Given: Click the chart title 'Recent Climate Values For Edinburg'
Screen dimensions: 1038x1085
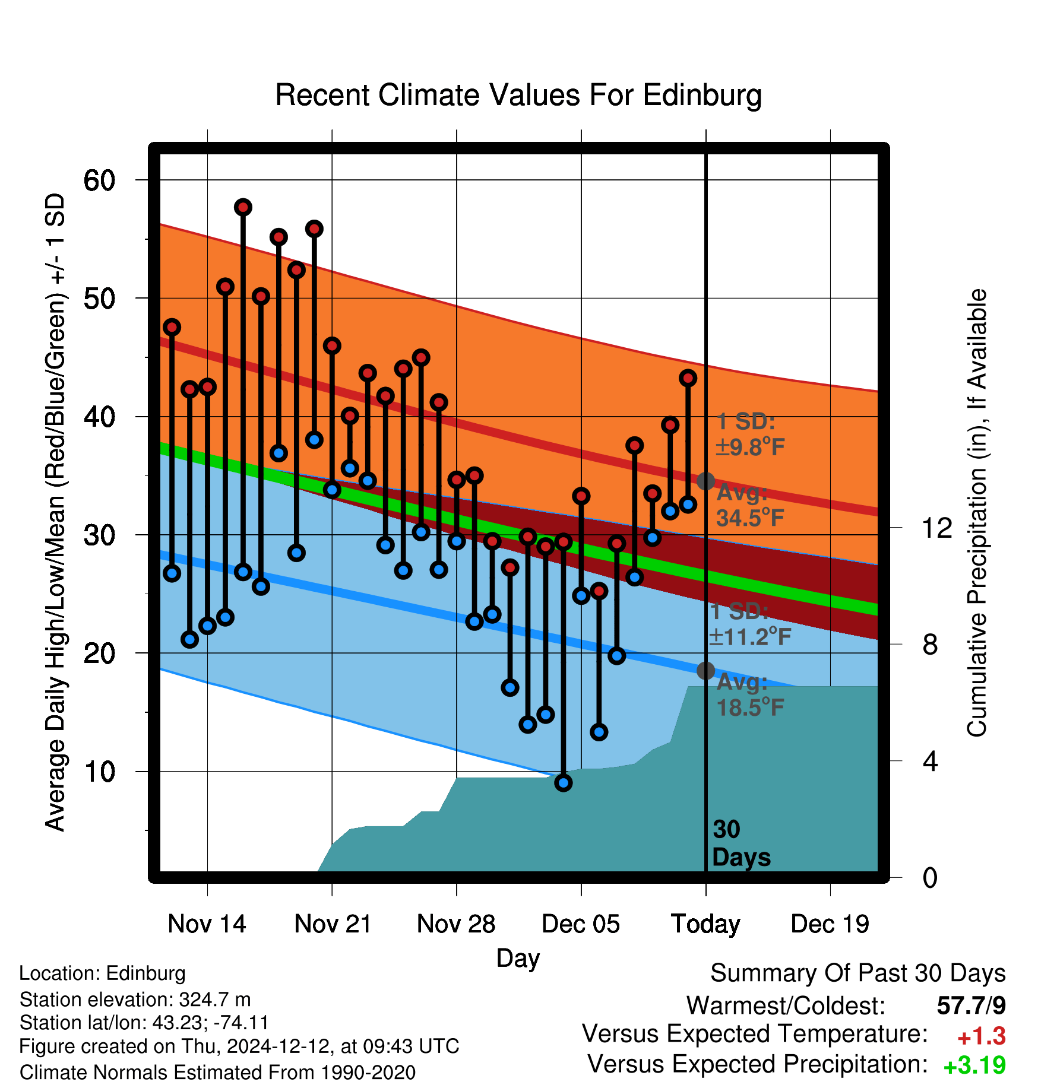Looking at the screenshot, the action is point(518,95).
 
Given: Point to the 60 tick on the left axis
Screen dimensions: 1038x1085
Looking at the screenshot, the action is point(99,180).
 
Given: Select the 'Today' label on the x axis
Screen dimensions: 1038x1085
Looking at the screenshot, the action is point(705,924).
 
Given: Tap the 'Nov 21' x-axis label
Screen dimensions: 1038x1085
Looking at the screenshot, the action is point(333,924).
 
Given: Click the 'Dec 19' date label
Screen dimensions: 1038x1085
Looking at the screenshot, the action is point(830,924).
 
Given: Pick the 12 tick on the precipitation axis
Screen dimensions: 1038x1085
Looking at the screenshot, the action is point(936,528).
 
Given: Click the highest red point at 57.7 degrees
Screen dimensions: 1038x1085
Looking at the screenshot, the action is point(243,207).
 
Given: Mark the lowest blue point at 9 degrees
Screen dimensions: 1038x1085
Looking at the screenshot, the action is point(564,783).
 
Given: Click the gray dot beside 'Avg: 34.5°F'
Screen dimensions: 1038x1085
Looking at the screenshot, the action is point(705,481).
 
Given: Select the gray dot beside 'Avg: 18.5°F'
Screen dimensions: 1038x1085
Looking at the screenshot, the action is point(705,671).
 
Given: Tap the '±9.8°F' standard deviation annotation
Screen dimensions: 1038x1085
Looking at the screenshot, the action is point(750,447).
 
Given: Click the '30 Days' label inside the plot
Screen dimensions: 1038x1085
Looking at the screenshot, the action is point(741,843).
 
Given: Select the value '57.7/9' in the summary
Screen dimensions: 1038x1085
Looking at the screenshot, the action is point(971,1005).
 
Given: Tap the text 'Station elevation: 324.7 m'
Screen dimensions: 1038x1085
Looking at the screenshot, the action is point(135,1000).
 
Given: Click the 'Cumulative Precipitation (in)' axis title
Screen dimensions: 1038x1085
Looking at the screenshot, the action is point(977,513).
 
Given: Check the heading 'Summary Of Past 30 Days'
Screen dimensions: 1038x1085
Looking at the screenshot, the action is point(858,973).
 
